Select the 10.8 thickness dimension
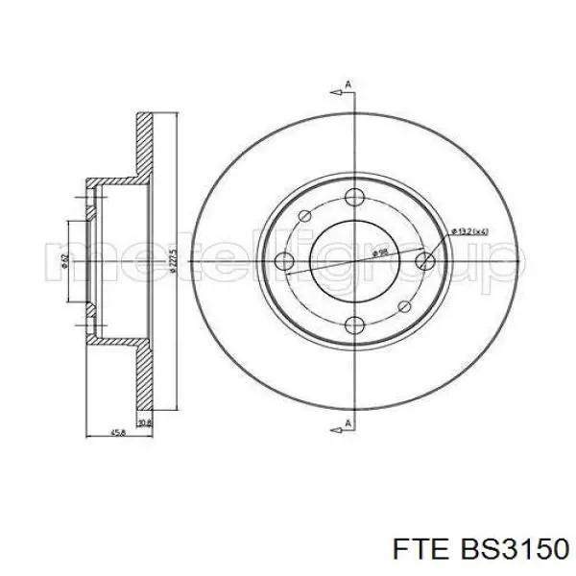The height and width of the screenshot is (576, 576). click(x=144, y=422)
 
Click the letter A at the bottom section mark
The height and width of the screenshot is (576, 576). click(x=348, y=423)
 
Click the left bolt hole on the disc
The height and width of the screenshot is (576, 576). click(x=283, y=260)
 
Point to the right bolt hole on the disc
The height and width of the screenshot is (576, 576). click(x=422, y=260)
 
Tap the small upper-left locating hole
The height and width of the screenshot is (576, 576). click(x=304, y=216)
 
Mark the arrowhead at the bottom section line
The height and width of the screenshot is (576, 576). click(x=336, y=417)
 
